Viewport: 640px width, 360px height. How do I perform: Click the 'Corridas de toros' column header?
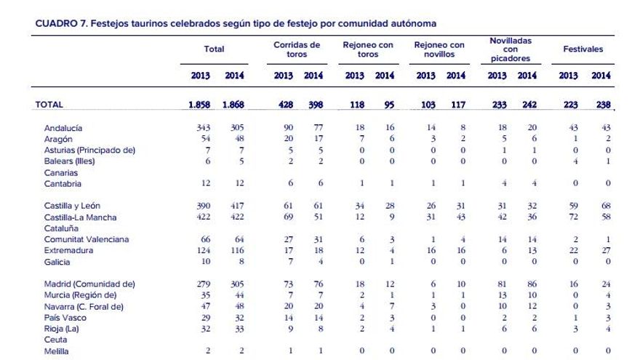[297, 49]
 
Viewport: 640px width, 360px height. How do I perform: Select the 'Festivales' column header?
[583, 49]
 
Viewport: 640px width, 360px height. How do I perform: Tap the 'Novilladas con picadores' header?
[511, 49]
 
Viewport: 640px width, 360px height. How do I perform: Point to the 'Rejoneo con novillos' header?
[439, 49]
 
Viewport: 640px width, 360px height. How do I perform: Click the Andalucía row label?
[63, 128]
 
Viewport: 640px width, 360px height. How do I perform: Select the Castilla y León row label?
[72, 207]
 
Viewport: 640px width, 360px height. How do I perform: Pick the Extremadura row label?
[66, 250]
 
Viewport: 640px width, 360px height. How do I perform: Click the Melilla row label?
[56, 351]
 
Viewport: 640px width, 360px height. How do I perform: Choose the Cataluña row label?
[60, 228]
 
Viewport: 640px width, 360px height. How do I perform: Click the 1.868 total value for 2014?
[233, 105]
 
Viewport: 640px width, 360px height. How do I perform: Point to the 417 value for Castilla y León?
[236, 207]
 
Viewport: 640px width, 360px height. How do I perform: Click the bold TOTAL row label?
[49, 105]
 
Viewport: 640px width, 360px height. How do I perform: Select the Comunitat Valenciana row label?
[86, 239]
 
